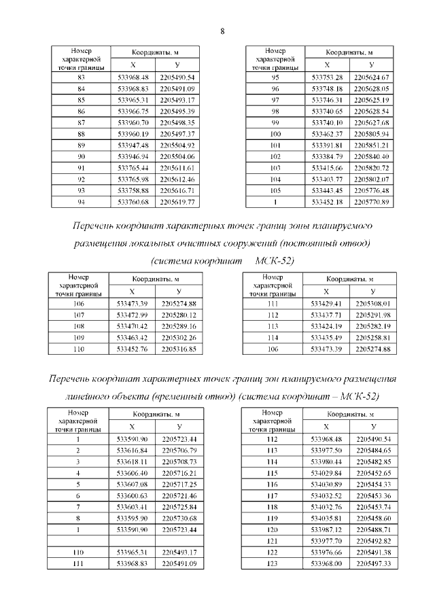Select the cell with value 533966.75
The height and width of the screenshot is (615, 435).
pyautogui.click(x=133, y=111)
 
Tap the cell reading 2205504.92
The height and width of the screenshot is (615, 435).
pyautogui.click(x=177, y=145)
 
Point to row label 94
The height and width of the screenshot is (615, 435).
pyautogui.click(x=81, y=203)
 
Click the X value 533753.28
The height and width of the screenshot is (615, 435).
pyautogui.click(x=326, y=77)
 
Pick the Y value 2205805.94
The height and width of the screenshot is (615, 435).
pyautogui.click(x=370, y=134)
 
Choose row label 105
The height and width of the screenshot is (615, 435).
pyautogui.click(x=275, y=191)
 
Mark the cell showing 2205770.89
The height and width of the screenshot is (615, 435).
pyautogui.click(x=370, y=203)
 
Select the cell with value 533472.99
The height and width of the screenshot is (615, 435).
pyautogui.click(x=133, y=315)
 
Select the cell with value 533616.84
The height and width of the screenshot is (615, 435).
pyautogui.click(x=133, y=451)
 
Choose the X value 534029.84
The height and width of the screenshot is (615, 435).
pyautogui.click(x=326, y=473)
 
